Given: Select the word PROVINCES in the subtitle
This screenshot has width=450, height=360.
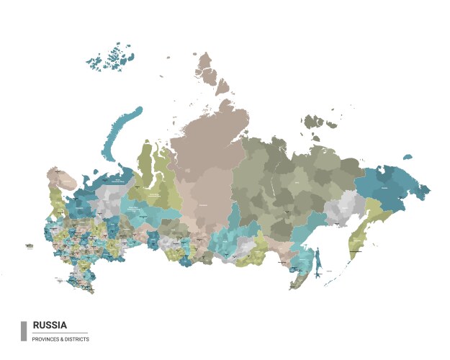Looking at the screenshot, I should (x=45, y=339).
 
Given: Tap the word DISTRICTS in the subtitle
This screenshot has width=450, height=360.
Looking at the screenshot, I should (x=76, y=339).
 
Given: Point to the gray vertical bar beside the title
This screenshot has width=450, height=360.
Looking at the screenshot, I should (x=24, y=330).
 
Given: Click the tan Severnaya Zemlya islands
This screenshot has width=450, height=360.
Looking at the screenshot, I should (x=211, y=72).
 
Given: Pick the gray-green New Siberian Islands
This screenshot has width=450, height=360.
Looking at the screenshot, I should (x=318, y=123).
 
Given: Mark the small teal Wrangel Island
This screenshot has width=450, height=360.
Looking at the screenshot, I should (x=408, y=156).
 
